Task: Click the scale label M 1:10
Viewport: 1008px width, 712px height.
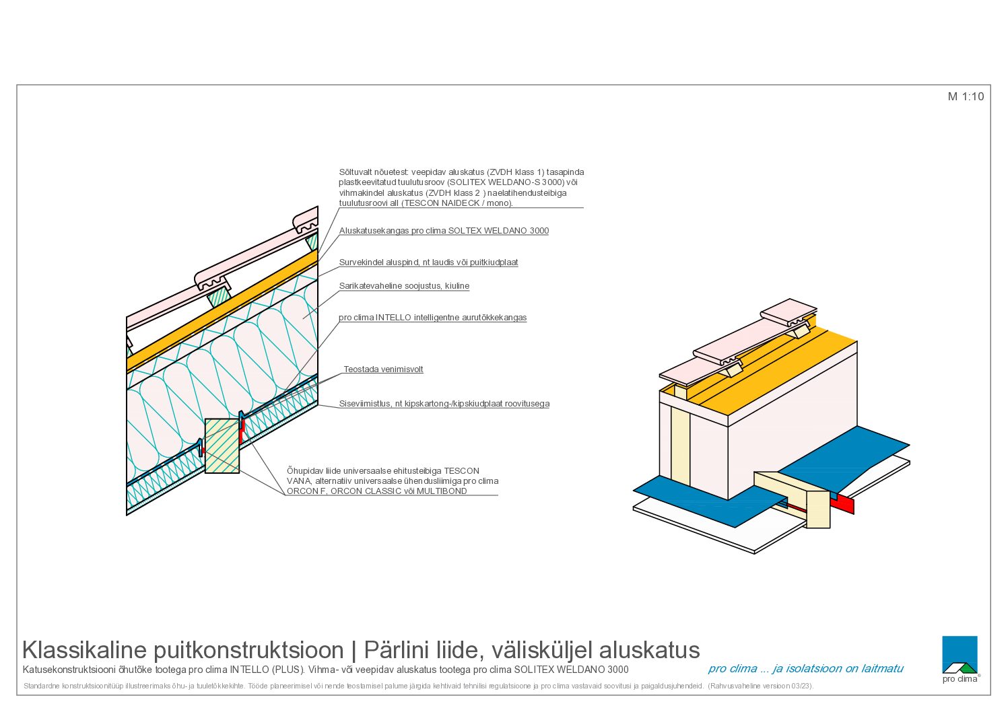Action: (966, 97)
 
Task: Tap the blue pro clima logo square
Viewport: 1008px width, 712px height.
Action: (960, 654)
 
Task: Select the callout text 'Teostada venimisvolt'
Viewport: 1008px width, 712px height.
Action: (383, 369)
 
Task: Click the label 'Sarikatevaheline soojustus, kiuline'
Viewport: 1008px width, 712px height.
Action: (404, 286)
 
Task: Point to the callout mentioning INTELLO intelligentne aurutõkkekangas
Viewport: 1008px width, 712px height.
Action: (432, 318)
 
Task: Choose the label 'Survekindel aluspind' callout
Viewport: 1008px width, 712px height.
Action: (428, 262)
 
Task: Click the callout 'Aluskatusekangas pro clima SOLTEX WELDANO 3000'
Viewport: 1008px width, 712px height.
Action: (444, 231)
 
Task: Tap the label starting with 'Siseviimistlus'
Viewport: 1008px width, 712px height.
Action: (444, 404)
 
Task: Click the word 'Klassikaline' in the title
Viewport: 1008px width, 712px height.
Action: (85, 650)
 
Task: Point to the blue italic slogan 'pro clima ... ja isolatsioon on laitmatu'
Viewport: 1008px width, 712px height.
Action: (805, 669)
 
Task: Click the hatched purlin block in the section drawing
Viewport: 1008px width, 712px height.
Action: (222, 446)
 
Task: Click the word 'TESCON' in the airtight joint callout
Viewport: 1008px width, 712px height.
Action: (462, 471)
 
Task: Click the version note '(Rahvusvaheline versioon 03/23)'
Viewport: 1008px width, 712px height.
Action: (760, 686)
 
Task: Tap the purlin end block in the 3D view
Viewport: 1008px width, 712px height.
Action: (817, 509)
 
